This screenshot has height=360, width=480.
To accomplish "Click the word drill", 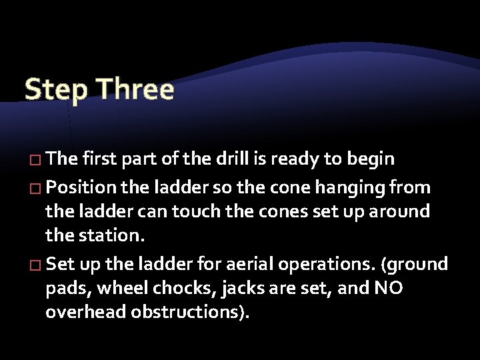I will [x=247, y=159].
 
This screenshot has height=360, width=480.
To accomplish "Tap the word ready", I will [x=306, y=159].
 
